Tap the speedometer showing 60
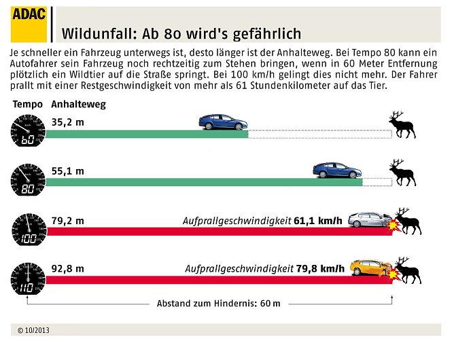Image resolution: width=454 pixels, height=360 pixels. tap(27, 132)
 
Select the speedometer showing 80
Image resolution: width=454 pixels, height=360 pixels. tap(27, 180)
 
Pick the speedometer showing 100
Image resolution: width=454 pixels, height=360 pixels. tap(27, 230)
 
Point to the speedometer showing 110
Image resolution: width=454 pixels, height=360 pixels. tap(27, 277)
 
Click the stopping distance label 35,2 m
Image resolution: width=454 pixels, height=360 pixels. tap(67, 123)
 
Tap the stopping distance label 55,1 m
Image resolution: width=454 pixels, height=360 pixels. tap(67, 171)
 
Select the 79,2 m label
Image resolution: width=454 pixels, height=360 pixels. tap(67, 220)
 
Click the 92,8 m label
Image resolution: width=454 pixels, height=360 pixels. tap(67, 268)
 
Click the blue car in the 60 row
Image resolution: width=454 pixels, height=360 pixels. tap(222, 122)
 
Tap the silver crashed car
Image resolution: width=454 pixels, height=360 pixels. tap(367, 220)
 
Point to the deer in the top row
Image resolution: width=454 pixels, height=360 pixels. tap(402, 125)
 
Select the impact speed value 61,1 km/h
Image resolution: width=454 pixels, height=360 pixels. tap(319, 221)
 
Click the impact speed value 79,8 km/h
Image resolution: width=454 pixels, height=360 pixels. tap(320, 269)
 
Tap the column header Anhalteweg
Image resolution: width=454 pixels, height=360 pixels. tap(78, 105)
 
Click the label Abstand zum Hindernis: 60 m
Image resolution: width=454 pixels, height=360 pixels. tap(218, 303)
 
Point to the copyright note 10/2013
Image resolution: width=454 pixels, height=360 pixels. tap(34, 330)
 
